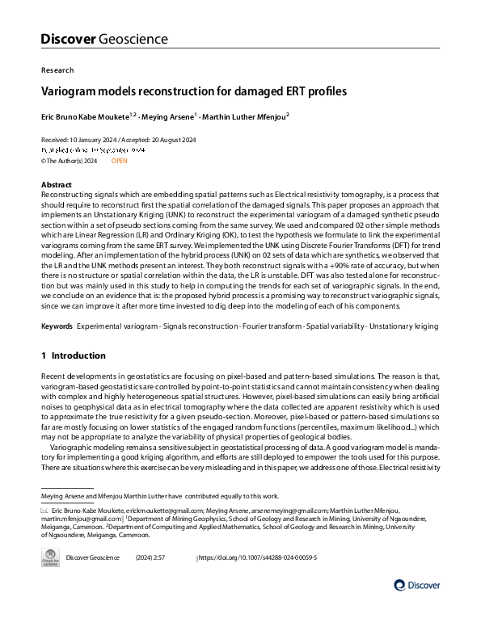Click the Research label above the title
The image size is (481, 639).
[57, 70]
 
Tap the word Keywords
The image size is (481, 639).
[58, 326]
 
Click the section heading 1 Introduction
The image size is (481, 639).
[74, 355]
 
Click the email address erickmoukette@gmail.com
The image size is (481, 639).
[156, 511]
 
